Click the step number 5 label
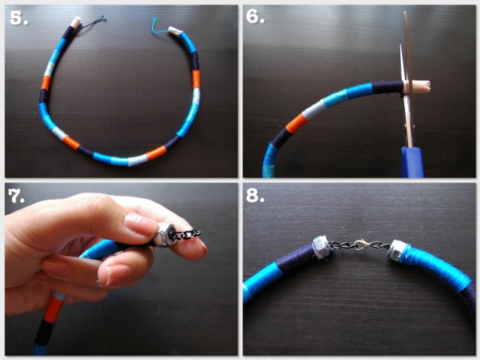[18, 18]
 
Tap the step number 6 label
[255, 16]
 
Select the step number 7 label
[16, 196]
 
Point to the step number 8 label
[255, 195]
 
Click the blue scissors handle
[412, 162]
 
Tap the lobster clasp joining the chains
[361, 244]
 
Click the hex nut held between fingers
[165, 234]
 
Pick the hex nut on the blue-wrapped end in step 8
[397, 250]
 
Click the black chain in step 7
[187, 235]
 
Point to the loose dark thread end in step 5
[91, 25]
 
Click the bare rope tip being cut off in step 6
[418, 87]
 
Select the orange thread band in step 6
[296, 122]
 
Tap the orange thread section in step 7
[55, 309]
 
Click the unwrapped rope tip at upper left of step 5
[75, 22]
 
